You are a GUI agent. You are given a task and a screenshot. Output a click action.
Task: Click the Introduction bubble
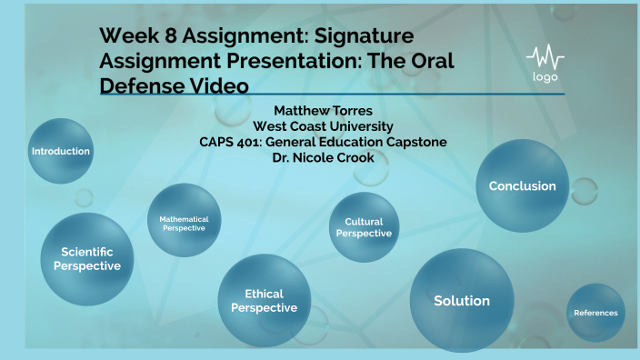coord(61,151)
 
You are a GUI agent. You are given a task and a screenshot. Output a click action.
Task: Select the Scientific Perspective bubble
coord(86,259)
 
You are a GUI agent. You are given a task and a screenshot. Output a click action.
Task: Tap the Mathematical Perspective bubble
coord(184,223)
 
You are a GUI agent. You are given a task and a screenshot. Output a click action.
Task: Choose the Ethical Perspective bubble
coord(264,301)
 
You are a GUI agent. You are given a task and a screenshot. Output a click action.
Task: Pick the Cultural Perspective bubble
coord(364,227)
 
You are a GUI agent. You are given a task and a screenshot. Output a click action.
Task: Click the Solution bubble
coord(462,301)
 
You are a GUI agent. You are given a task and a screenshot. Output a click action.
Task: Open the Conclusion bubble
coord(522,185)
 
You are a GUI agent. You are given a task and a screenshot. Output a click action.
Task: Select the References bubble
coord(595,313)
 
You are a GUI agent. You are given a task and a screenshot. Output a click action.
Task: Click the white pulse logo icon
coord(545,56)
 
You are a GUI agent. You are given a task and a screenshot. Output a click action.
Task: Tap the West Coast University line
coord(323,125)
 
